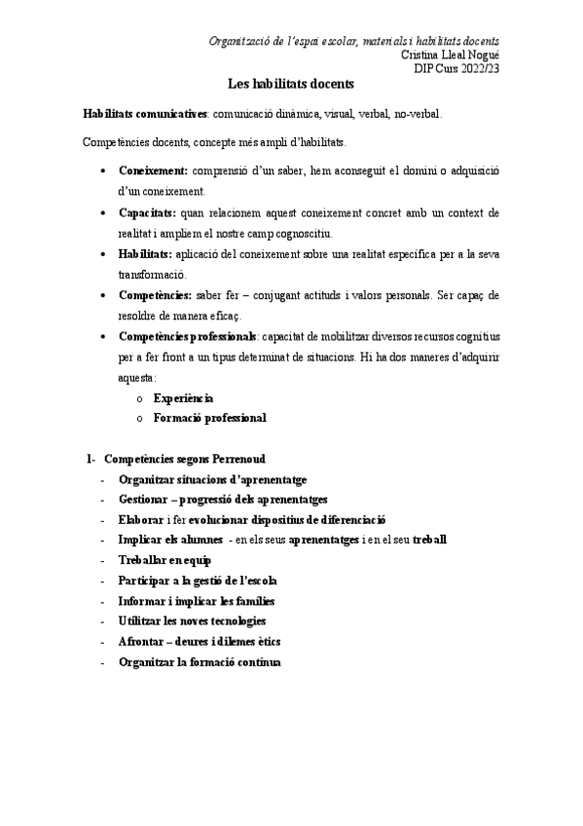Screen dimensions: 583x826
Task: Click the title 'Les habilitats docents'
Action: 290,85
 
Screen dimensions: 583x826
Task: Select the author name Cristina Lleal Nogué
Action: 451,55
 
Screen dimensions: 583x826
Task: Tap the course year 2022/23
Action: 477,67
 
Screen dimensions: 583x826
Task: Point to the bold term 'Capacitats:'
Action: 147,211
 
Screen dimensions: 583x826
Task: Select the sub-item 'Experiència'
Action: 184,398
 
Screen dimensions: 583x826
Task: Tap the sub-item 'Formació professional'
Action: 209,418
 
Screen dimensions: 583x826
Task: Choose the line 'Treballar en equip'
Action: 164,560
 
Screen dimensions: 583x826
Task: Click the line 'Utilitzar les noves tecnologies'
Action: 192,620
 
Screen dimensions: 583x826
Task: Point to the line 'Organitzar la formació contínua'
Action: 199,661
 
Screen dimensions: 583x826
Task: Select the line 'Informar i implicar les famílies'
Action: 196,600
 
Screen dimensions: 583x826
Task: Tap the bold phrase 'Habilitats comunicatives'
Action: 145,113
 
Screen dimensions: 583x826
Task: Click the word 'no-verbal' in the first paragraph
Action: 417,113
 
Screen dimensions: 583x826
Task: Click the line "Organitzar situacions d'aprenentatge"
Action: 212,478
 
